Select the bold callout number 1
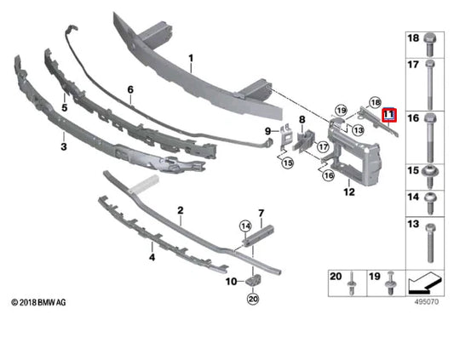pos(191,59)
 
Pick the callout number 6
pos(130,89)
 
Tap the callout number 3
pos(63,146)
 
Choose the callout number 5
pos(63,109)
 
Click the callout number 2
pos(180,210)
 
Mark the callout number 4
pos(152,256)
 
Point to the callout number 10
pos(229,281)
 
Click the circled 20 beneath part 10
pos(252,298)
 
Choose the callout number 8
pos(302,120)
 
